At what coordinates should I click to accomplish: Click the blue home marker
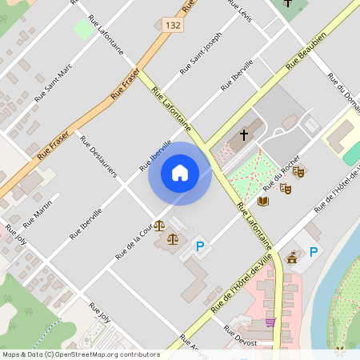pos(180,173)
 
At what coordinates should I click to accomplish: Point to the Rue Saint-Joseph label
pos(201,53)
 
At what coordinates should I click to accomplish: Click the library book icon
pos(263,200)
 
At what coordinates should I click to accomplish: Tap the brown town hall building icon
pos(292,257)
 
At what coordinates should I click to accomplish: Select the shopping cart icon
pos(270,322)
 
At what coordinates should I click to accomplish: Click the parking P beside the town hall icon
pos(314,252)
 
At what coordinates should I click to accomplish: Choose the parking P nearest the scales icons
pos(201,246)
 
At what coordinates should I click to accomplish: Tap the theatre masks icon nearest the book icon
pos(285,188)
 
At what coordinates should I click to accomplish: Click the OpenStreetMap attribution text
pos(81,354)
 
